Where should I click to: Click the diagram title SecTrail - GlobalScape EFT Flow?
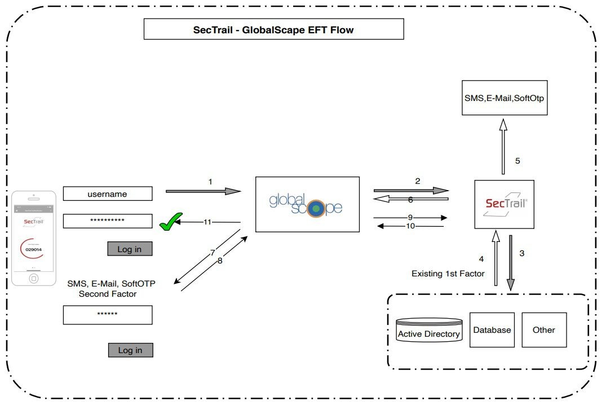click(x=273, y=30)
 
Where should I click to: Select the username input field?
click(x=108, y=194)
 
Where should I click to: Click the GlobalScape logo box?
click(x=307, y=204)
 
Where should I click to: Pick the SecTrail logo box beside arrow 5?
click(x=504, y=204)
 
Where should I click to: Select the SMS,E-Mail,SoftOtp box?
click(x=504, y=98)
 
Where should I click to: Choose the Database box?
click(x=492, y=330)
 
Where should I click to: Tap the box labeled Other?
click(x=543, y=330)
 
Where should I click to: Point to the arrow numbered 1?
click(x=203, y=192)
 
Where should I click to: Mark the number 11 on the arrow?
click(x=207, y=222)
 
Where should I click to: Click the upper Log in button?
click(x=130, y=249)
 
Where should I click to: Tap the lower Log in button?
click(x=130, y=350)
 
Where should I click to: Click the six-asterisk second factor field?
click(x=108, y=315)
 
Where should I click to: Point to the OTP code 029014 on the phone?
click(x=34, y=249)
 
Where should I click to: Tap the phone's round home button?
click(x=34, y=278)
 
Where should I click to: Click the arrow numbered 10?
click(x=410, y=226)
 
